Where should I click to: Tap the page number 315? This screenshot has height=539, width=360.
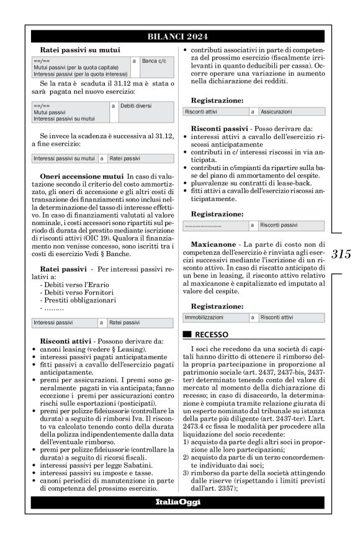click(341, 254)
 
